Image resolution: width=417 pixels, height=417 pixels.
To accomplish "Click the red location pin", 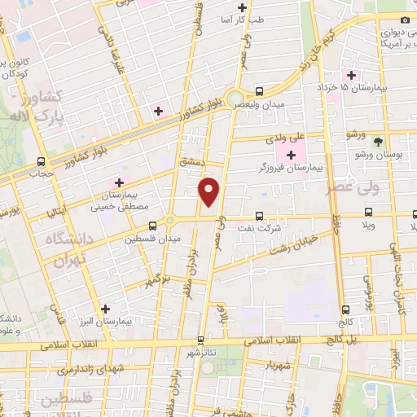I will click(x=210, y=192).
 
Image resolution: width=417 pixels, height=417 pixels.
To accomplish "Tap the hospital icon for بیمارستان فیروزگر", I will click(x=291, y=154).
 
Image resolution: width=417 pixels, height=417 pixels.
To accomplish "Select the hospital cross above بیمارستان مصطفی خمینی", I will click(x=120, y=182).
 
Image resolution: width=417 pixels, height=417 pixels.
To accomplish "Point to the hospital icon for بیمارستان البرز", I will click(x=105, y=309).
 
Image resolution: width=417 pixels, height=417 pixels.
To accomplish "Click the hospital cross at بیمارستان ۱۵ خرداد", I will click(x=351, y=74).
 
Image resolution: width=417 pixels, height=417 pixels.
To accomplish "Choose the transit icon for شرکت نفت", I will click(x=259, y=216).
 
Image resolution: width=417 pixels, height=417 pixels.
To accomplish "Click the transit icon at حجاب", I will click(x=41, y=161).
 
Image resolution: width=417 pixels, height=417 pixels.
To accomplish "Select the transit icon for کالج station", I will click(x=347, y=309).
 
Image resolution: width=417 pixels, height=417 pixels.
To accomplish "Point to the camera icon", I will click(x=406, y=20).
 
